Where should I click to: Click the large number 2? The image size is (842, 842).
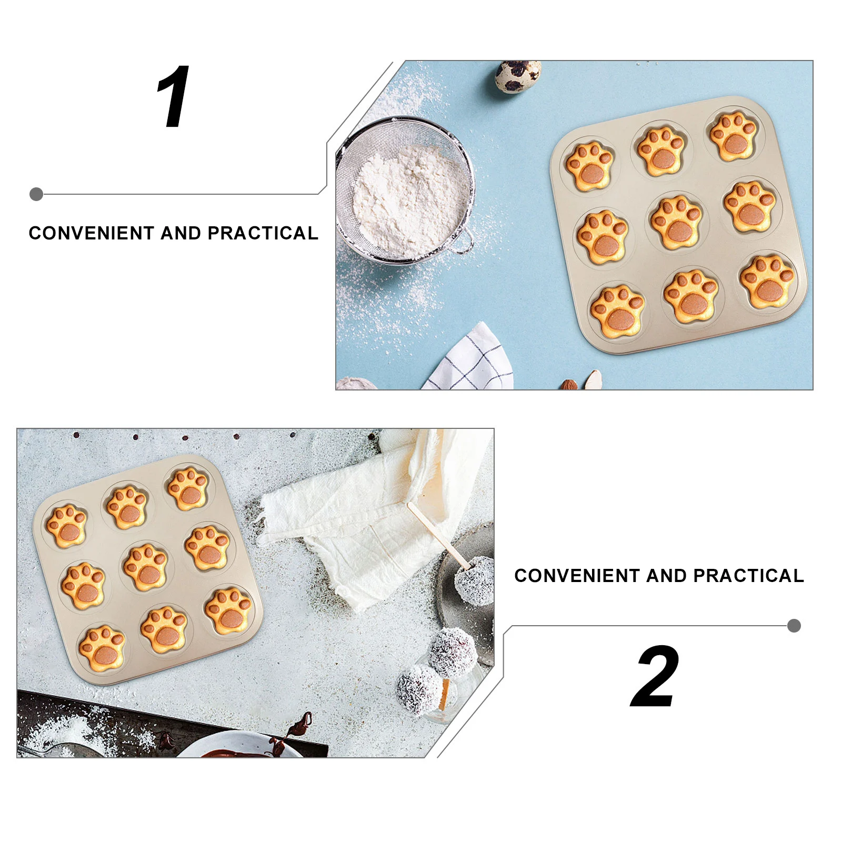tap(656, 677)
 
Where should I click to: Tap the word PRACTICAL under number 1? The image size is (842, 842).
tap(263, 233)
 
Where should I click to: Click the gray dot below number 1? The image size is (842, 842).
tap(36, 194)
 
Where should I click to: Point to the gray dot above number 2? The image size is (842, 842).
tap(794, 626)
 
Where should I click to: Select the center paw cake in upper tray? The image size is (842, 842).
tap(676, 222)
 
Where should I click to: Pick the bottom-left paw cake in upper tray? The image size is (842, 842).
tap(617, 313)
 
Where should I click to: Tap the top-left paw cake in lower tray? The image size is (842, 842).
tap(66, 526)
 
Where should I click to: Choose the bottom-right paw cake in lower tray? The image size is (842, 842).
tap(228, 611)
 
